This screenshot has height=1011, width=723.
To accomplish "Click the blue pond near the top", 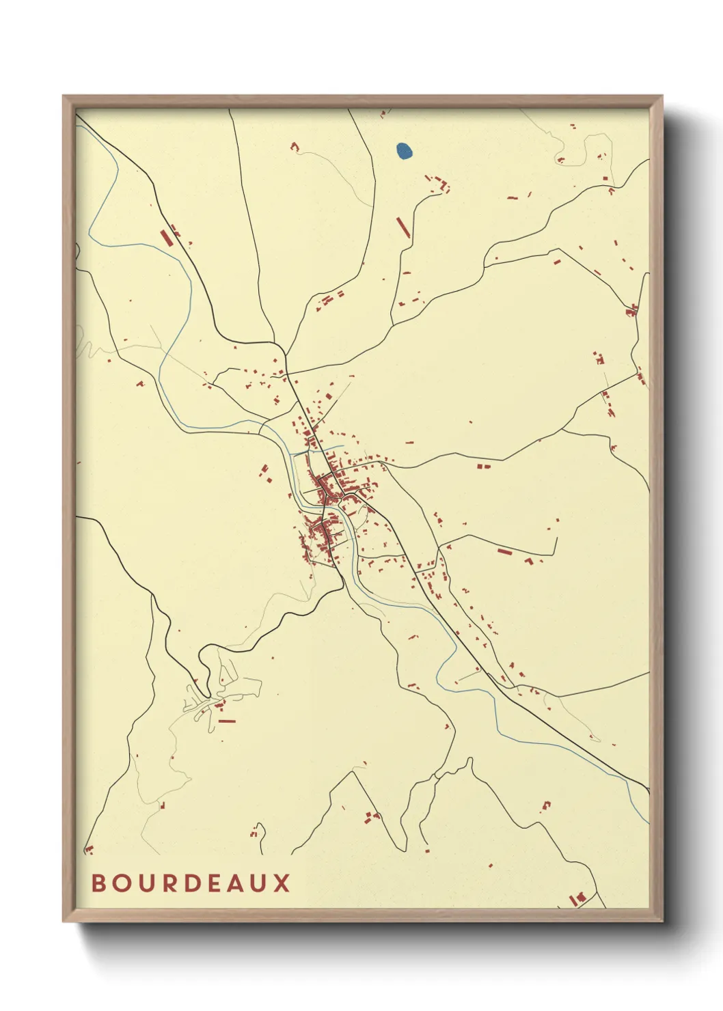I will [404, 151].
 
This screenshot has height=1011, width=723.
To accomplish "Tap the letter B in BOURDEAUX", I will [98, 883].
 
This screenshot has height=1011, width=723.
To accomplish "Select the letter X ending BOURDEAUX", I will [282, 883].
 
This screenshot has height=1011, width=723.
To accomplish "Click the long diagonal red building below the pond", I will [403, 227].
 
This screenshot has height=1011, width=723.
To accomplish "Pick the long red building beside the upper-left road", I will [165, 238].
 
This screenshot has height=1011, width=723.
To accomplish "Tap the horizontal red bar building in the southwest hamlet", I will [226, 721].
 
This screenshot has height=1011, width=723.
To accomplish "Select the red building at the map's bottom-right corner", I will [578, 897].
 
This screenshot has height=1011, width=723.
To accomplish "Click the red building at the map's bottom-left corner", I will [88, 850].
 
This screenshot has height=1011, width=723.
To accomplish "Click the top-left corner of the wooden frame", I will [64, 97].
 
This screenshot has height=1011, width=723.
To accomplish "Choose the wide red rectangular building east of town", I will [505, 551].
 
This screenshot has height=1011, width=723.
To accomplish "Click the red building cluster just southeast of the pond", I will [439, 183].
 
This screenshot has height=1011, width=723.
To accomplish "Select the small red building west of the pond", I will [295, 146].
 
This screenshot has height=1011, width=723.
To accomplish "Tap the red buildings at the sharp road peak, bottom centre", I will [372, 816].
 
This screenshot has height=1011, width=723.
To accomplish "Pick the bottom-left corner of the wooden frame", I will [64, 920].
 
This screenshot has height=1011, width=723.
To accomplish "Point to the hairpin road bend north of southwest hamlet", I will [202, 658].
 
